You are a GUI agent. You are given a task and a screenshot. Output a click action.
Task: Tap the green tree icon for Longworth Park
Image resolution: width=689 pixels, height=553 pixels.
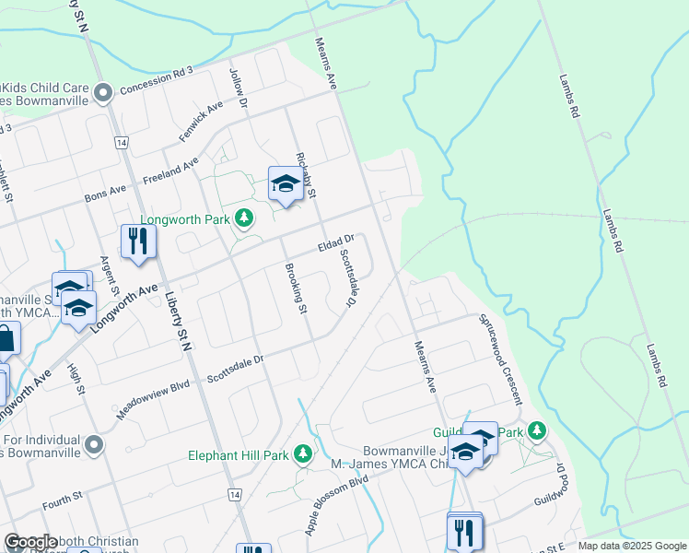coord(244,218)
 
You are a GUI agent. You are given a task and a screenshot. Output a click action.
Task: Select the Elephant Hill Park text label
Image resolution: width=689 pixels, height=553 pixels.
coord(239,454)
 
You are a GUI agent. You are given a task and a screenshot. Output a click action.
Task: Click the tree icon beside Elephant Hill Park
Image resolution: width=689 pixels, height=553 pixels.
coord(302,453)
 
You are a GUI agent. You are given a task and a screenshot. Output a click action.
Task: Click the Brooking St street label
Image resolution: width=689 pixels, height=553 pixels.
coord(295,288)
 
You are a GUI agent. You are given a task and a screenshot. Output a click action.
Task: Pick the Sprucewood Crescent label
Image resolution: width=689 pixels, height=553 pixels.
coord(499,359)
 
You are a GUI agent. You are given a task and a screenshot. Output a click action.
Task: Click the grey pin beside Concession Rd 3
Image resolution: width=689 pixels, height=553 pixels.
coord(104,91)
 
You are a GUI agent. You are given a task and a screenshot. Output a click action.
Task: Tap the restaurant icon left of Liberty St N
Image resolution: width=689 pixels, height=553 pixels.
coord(138,241)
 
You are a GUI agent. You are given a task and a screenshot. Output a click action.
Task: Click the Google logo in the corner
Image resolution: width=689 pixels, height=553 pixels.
coord(30,542)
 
